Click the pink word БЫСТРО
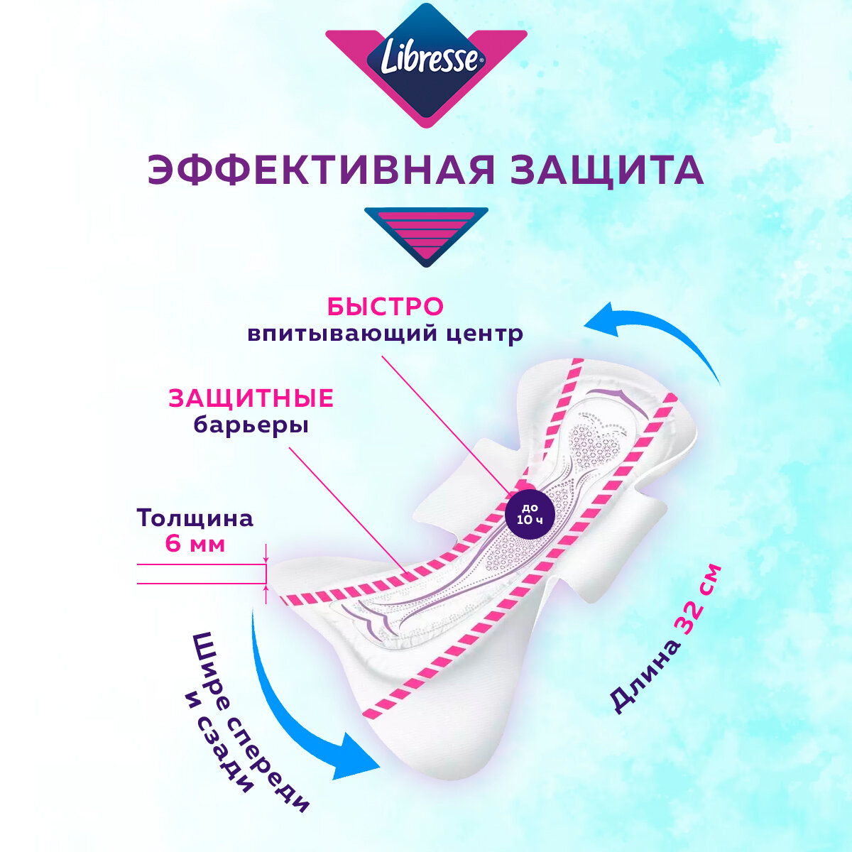386,307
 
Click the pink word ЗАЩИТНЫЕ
251,398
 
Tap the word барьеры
251,425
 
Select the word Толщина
195,518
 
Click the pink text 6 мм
195,545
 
